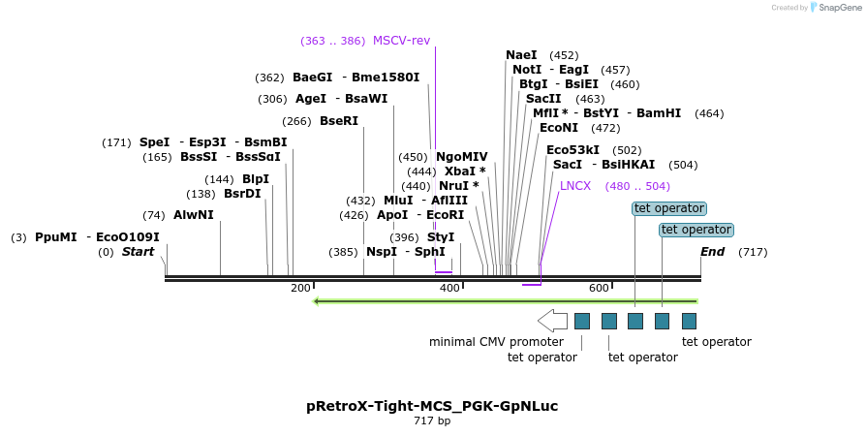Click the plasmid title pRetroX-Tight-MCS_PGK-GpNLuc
432,406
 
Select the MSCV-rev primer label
401,41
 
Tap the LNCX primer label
575,186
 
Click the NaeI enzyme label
521,55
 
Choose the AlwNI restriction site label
194,215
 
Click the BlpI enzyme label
256,179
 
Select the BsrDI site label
242,194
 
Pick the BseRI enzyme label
339,121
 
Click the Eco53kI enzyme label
572,150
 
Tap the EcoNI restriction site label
559,128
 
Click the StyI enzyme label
441,237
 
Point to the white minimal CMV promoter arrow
552,320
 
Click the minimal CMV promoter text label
496,342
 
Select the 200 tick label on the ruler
300,288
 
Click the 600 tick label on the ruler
599,288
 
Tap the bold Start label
138,252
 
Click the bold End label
712,252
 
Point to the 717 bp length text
432,421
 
